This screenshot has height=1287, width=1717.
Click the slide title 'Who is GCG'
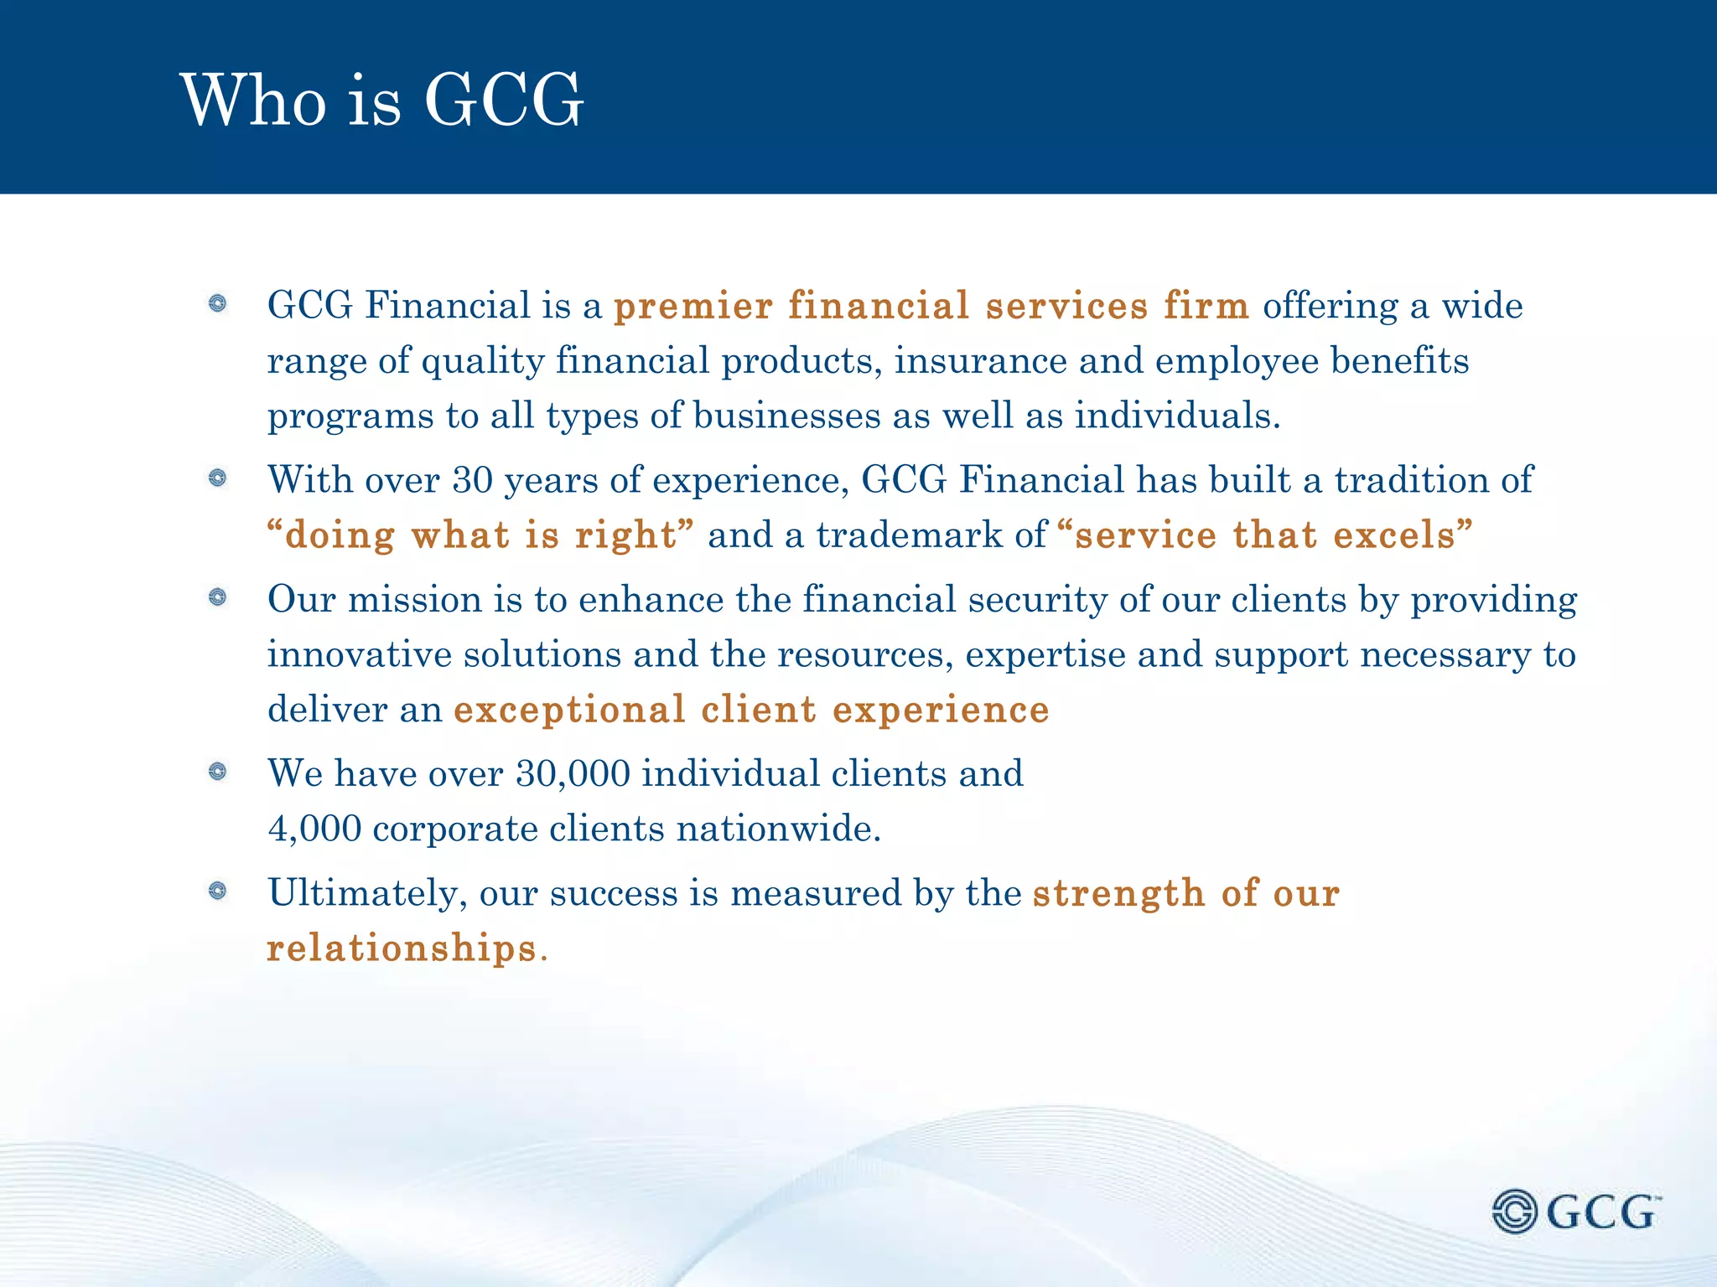tap(381, 101)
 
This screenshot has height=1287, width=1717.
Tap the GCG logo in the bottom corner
tap(1576, 1212)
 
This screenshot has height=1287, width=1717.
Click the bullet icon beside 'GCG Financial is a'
tap(218, 303)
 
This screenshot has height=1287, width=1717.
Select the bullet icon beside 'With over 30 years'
tap(218, 478)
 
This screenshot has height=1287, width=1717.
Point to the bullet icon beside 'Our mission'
tap(218, 597)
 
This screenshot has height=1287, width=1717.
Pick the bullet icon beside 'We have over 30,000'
tap(218, 772)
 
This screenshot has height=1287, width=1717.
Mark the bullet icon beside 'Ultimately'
tap(218, 891)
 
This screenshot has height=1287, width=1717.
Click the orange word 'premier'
tap(693, 307)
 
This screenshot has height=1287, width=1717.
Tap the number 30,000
tap(573, 774)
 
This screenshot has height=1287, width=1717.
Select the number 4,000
tap(314, 830)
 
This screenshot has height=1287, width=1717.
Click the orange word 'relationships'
tap(402, 948)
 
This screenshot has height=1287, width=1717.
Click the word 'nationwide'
tap(778, 830)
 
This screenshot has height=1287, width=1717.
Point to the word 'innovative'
tap(360, 654)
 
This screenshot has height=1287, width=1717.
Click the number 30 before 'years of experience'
tap(472, 480)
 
